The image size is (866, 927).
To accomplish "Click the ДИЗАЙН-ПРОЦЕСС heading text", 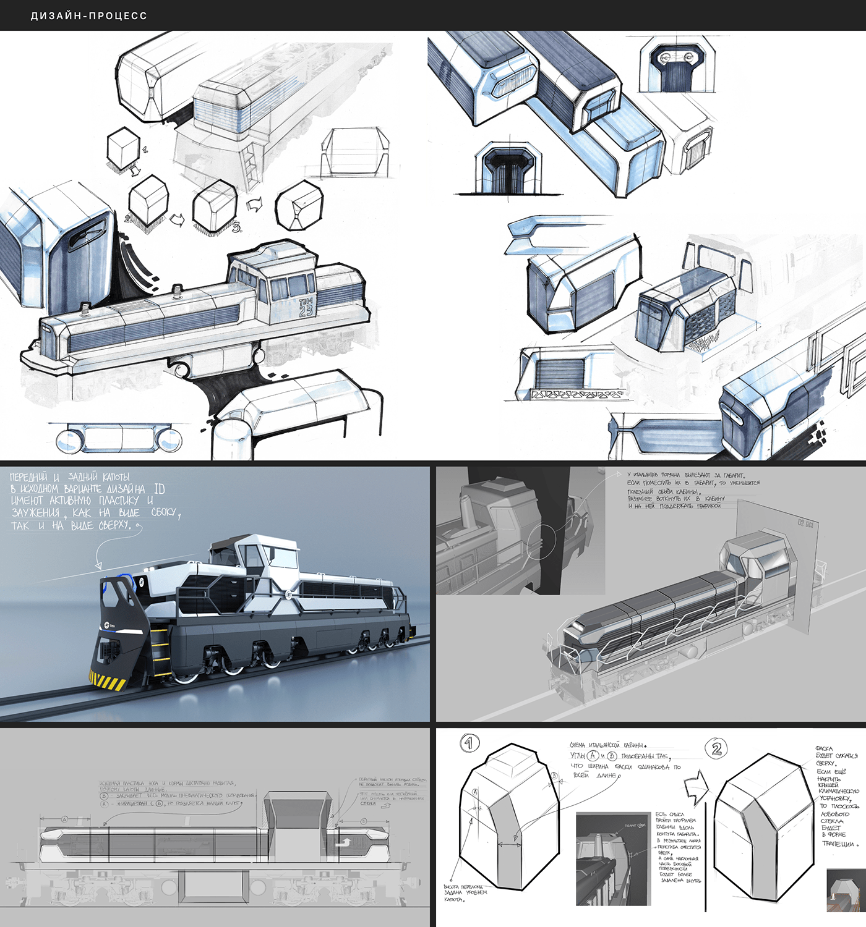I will pos(89,15).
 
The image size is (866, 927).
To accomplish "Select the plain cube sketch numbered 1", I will pos(123,148).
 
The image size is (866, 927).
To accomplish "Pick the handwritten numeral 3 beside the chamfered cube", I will pos(236,227).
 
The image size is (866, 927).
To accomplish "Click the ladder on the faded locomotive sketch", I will pos(250,164).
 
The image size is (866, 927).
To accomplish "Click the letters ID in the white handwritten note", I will pos(159,489).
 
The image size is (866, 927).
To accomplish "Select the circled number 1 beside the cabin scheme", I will pos(469,743).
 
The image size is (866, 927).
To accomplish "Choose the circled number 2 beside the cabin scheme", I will pos(716,749).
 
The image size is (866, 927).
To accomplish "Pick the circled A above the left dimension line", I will pos(64,819).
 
